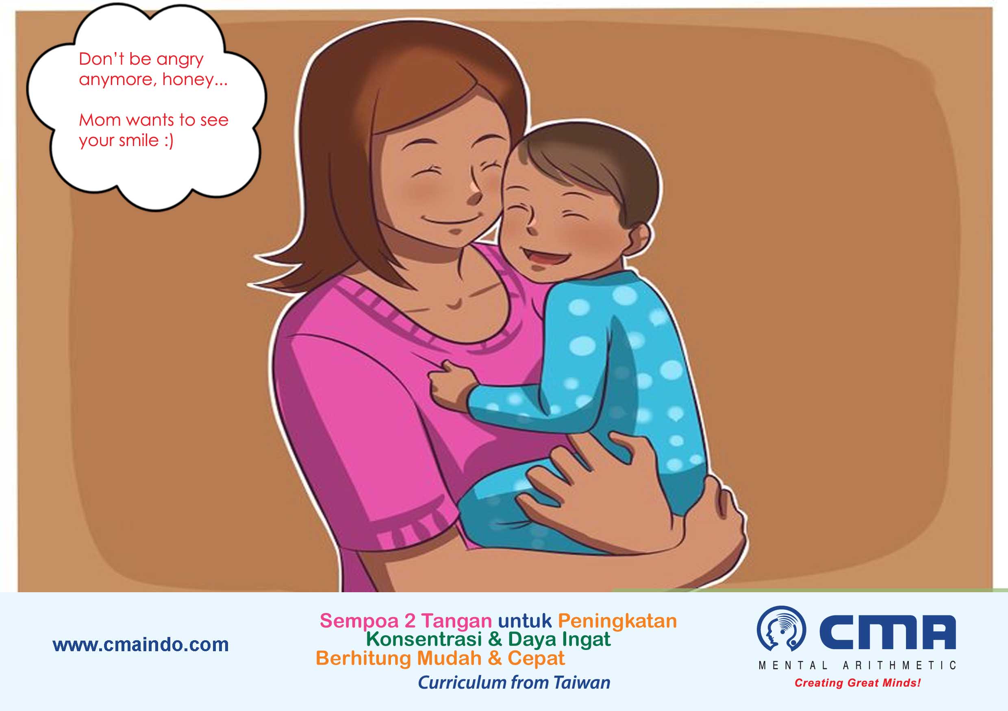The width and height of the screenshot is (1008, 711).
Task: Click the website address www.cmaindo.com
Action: click(141, 645)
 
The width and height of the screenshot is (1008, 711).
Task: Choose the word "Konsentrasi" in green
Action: click(424, 639)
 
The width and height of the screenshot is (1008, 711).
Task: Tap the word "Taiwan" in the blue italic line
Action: click(582, 683)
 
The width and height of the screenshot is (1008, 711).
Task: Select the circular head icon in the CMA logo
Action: click(782, 628)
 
